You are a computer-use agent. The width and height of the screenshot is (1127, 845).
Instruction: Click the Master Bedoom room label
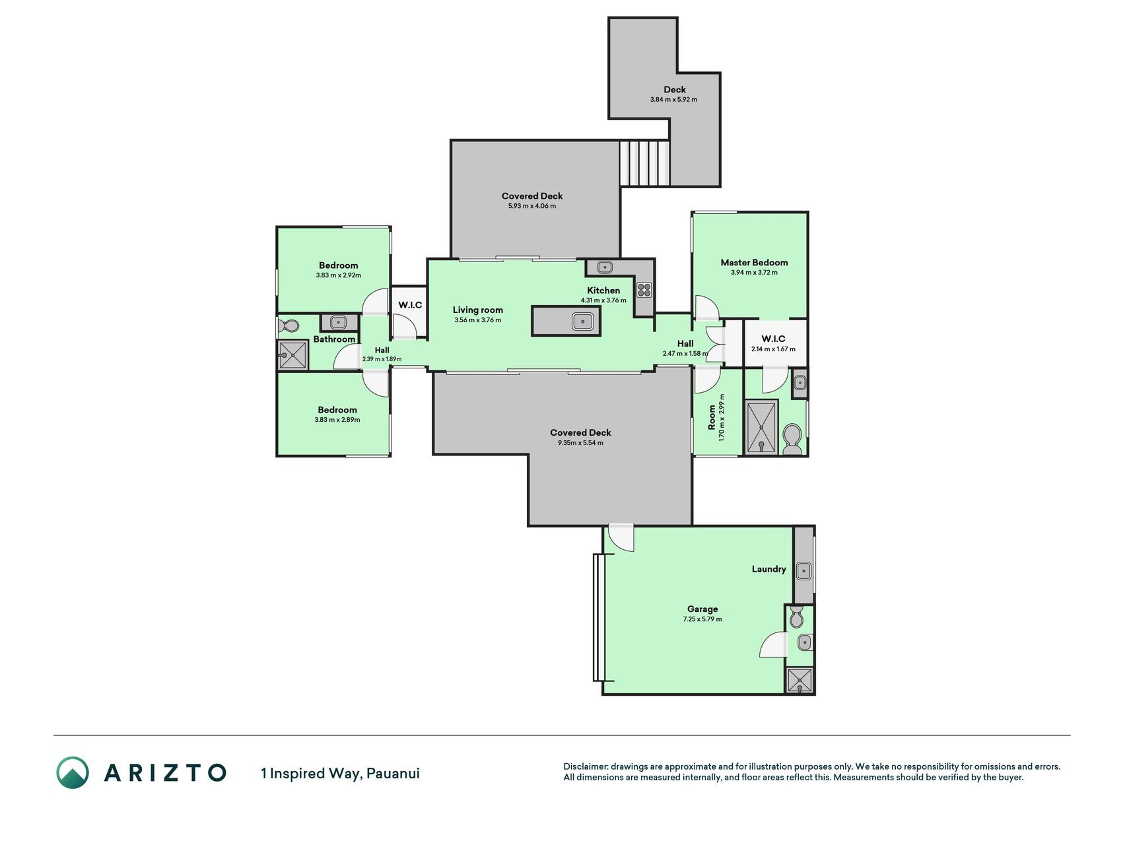click(754, 262)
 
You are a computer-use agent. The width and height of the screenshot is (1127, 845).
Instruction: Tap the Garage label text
click(702, 609)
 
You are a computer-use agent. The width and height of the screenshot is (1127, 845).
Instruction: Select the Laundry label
click(768, 569)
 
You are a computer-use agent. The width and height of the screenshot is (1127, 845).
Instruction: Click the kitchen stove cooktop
click(644, 289)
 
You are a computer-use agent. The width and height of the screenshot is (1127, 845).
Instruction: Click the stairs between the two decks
click(644, 163)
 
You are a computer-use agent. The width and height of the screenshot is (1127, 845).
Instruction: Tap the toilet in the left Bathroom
click(289, 325)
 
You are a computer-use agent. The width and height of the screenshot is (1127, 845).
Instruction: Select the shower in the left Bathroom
click(292, 355)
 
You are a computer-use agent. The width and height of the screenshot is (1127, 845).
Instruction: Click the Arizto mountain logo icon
click(73, 772)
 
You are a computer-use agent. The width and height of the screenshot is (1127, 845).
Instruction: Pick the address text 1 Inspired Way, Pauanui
click(340, 773)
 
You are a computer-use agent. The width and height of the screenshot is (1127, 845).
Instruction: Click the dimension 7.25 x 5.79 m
click(702, 619)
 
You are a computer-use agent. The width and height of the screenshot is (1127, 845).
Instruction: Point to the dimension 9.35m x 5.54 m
click(580, 443)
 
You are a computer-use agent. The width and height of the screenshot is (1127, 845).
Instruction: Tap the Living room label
click(478, 310)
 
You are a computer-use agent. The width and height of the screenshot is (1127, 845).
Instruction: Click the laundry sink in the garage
click(803, 571)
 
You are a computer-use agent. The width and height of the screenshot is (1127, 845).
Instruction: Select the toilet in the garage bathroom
click(796, 617)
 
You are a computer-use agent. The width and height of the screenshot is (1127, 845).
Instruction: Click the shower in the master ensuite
click(761, 426)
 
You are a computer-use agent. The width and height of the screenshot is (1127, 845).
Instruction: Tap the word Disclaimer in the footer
click(585, 766)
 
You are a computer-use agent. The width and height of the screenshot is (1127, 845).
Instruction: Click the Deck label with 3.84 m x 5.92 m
click(674, 94)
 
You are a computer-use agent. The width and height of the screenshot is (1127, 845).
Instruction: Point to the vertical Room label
click(712, 417)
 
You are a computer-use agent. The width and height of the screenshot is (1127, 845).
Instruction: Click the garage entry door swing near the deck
click(621, 538)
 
